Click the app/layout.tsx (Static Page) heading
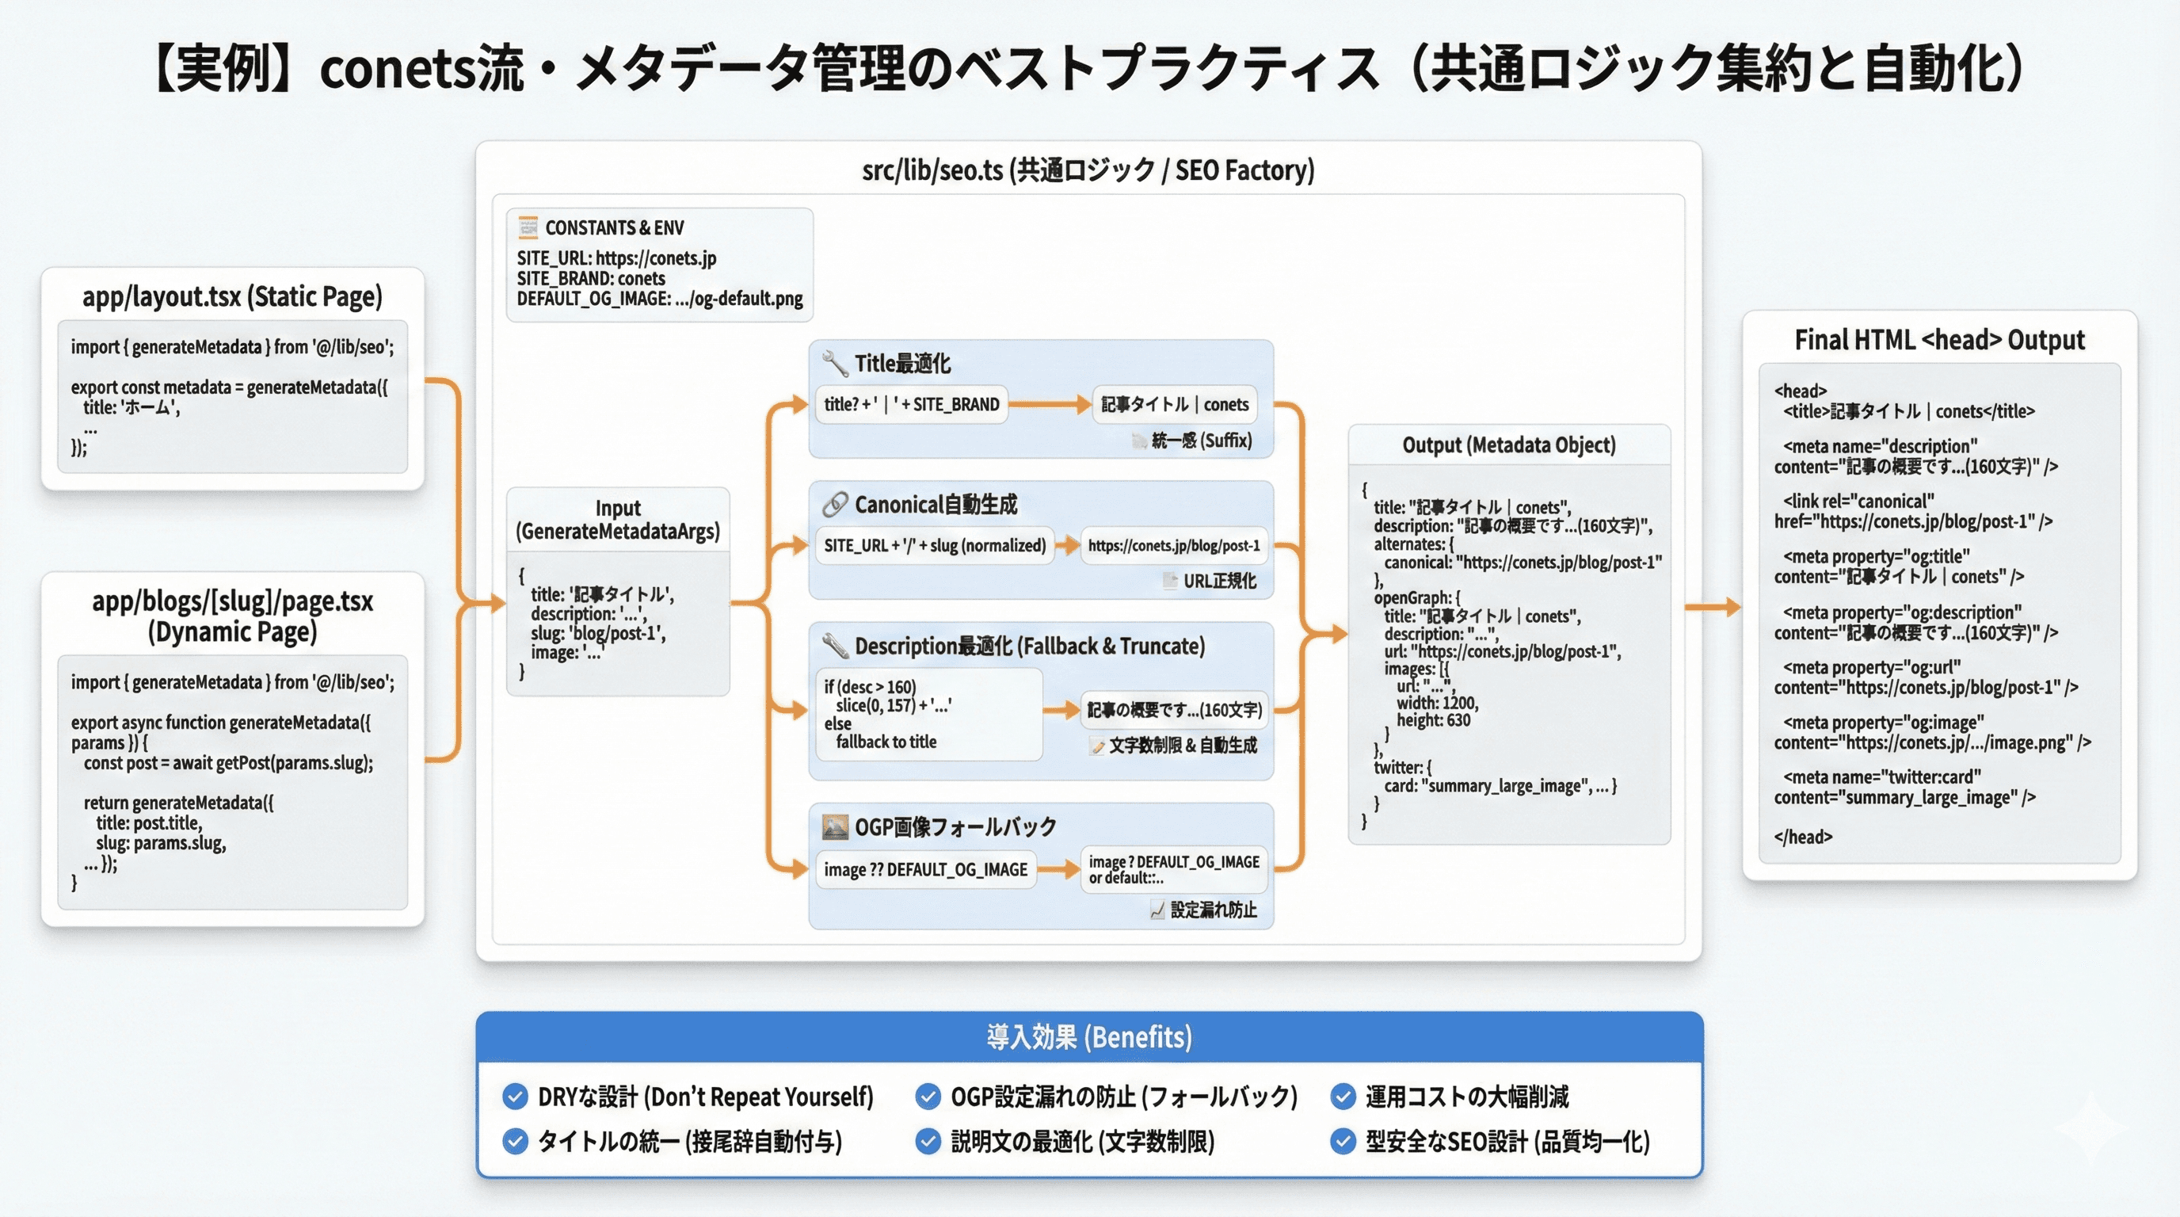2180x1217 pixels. coord(232,296)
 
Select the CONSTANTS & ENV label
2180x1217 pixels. coord(614,227)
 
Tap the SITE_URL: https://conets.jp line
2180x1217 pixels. coord(616,258)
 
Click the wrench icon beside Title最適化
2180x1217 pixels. coord(834,363)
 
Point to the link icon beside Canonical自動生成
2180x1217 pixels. coord(834,505)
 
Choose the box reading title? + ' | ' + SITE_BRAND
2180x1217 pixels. coord(911,405)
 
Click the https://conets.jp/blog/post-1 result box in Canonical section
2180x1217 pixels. coord(1173,546)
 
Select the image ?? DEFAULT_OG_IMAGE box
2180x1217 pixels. coord(925,869)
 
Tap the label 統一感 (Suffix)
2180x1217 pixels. coord(1201,440)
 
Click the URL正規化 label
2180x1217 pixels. coord(1218,581)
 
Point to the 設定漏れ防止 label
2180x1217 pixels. coord(1213,910)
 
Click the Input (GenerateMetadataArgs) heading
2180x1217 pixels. coord(618,520)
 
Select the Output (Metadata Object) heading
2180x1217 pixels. coord(1508,445)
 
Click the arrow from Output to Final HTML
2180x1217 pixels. coord(1712,607)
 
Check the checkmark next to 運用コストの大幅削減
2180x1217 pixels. coord(1343,1097)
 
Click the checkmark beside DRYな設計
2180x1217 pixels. coord(515,1097)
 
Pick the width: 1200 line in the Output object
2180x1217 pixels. coord(1437,703)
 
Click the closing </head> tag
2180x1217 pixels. coord(1803,836)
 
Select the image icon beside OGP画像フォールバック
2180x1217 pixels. coord(834,826)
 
